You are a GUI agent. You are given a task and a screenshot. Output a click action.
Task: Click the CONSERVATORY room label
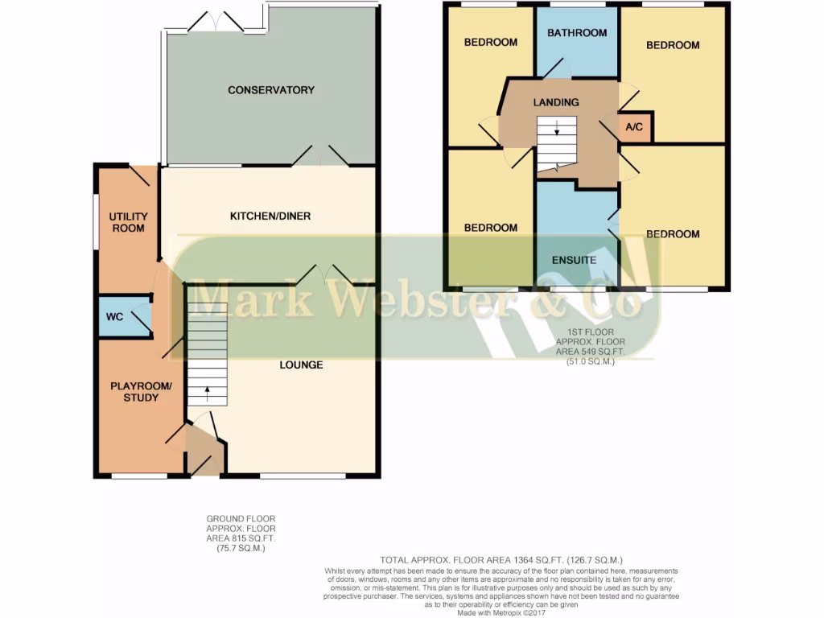(x=270, y=90)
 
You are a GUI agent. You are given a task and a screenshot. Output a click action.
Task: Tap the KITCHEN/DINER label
(x=270, y=216)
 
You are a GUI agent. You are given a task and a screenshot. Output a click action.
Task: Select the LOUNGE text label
(x=301, y=365)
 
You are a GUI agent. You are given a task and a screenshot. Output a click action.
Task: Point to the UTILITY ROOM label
(x=128, y=222)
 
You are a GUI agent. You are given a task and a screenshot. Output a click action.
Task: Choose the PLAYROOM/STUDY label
(x=140, y=392)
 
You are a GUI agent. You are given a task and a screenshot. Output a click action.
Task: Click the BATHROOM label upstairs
(x=576, y=33)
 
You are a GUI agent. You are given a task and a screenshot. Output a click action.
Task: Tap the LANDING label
(x=556, y=102)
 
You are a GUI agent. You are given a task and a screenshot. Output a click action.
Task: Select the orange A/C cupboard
(x=634, y=128)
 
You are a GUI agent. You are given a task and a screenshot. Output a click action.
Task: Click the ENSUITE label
(x=574, y=260)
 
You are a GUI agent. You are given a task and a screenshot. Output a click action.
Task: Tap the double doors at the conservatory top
(x=216, y=23)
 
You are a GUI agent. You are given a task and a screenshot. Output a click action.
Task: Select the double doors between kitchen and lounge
(x=324, y=275)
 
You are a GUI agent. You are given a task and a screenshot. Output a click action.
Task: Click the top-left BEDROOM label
(x=491, y=42)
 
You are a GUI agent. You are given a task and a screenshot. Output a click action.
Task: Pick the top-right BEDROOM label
(x=673, y=45)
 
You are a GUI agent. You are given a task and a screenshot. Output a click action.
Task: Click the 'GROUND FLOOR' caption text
(x=234, y=519)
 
